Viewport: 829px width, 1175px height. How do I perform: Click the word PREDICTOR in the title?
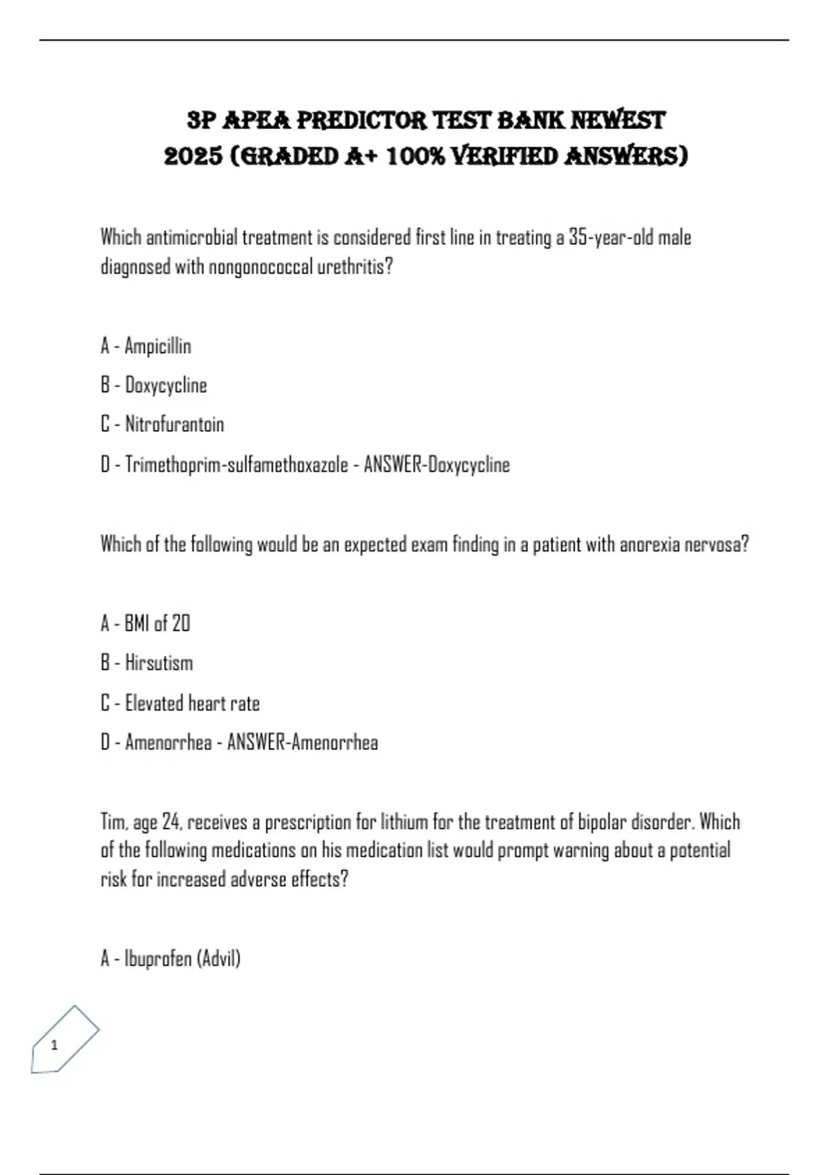[362, 120]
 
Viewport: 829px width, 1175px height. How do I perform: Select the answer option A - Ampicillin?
[146, 346]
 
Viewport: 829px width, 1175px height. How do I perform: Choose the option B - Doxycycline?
[153, 385]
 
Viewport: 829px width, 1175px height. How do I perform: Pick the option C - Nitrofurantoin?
[162, 424]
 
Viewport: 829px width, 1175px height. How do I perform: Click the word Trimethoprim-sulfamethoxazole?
[236, 464]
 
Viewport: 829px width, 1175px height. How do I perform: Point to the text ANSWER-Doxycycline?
[437, 464]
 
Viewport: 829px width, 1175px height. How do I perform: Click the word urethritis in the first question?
[354, 267]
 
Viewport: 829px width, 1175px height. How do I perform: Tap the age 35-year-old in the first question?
[611, 238]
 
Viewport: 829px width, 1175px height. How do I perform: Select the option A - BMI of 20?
[145, 623]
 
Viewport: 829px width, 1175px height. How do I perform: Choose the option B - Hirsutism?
[146, 663]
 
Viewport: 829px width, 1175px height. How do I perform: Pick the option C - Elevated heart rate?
[180, 703]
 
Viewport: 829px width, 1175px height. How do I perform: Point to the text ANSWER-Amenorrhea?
[303, 742]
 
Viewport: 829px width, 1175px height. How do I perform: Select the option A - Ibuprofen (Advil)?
[171, 959]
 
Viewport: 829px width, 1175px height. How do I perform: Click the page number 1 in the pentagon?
[55, 1045]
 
